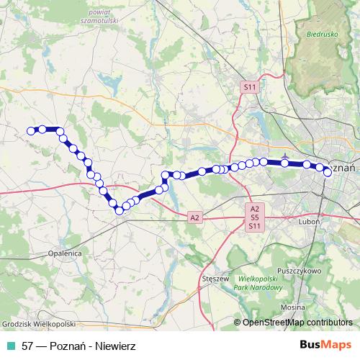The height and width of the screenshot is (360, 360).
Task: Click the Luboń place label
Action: click(x=308, y=222)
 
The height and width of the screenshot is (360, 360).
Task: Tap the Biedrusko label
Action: click(x=320, y=33)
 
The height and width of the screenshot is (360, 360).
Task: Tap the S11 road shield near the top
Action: click(x=249, y=87)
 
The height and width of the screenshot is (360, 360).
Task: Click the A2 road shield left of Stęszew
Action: click(x=194, y=217)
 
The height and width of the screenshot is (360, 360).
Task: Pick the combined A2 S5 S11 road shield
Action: click(x=254, y=217)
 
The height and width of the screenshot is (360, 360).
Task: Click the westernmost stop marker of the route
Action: click(x=31, y=130)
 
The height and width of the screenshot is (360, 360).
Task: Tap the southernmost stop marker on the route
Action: click(x=119, y=210)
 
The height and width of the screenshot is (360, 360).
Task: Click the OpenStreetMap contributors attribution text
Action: click(x=297, y=323)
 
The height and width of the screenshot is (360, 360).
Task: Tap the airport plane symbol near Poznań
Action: click(x=286, y=156)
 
